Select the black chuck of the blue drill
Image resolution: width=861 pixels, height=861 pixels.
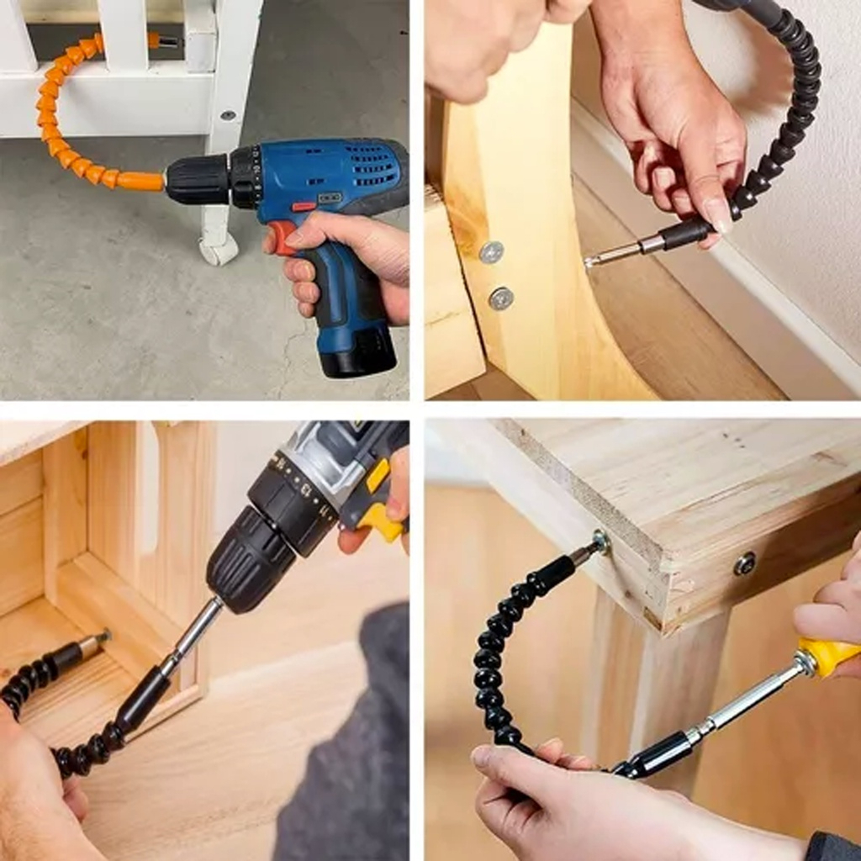coord(197,178)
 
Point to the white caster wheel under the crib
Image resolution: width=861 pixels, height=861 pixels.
coord(219,250)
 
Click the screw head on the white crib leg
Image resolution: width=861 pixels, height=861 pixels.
coord(227,116)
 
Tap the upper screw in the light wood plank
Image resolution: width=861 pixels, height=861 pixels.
coord(491,251)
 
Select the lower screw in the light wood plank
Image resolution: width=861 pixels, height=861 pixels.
coord(501,298)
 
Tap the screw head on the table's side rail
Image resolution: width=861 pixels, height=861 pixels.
coord(744,563)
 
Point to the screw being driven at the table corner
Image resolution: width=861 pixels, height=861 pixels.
coord(601,542)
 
